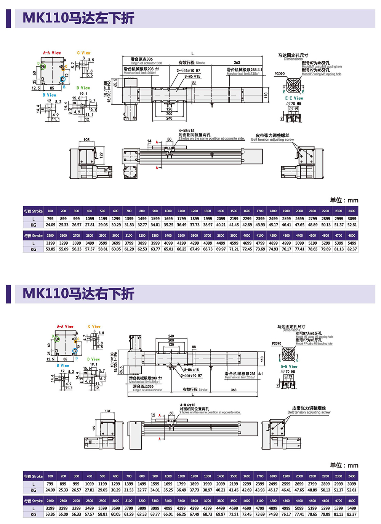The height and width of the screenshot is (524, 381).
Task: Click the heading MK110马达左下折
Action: pos(78,18)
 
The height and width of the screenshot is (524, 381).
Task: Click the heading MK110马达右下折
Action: pos(78,294)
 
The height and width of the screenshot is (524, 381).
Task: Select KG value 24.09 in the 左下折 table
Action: pos(50,225)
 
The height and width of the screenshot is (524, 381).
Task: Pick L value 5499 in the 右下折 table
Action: pos(352,508)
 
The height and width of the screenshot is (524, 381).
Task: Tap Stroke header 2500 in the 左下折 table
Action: pos(50,236)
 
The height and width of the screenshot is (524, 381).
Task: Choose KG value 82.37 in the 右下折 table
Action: pos(352,514)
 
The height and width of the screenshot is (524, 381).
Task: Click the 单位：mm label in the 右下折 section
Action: pos(344,465)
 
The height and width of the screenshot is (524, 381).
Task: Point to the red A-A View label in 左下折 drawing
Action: pos(52,53)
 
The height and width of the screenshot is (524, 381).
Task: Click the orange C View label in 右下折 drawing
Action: pos(94,327)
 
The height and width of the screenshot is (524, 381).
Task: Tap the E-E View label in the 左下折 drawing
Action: pos(294,98)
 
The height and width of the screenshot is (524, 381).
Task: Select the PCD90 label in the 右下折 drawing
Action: pos(277,343)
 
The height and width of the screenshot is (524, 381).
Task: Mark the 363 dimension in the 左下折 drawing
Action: pos(237,62)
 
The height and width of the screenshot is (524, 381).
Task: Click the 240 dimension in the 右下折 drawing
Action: pos(171,336)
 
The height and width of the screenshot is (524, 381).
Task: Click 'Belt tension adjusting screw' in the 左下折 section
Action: pos(272,140)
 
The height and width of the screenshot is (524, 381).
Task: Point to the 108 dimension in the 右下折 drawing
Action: pos(107,411)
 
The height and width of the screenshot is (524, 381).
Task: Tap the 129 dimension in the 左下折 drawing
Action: pos(101,155)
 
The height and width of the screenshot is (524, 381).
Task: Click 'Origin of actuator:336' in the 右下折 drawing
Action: pos(147,390)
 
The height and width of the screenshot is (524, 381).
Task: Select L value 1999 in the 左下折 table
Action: pos(208,219)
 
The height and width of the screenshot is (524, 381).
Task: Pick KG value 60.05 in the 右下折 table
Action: pos(116,514)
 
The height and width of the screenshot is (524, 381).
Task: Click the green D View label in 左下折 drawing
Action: pos(83,88)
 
